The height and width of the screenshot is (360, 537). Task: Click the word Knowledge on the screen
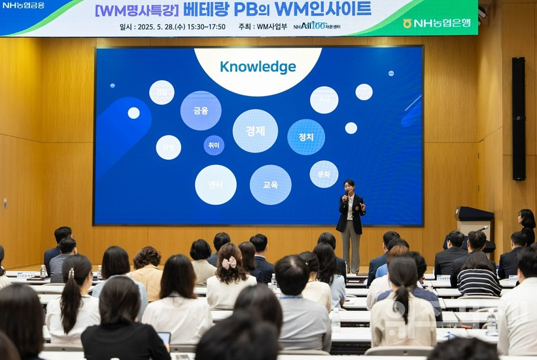pos(258,67)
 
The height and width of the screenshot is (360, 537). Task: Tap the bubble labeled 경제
pos(255,131)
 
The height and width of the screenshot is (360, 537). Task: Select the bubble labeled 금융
pos(201,111)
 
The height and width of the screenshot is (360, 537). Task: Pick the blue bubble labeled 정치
pos(306,137)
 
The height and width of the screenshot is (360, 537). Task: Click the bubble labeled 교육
pos(271,185)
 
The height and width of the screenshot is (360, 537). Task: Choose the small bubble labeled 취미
pos(214,145)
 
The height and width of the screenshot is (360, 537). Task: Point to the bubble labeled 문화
pos(324,174)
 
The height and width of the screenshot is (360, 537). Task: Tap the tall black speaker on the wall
pos(518,118)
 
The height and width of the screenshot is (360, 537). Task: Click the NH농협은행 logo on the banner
pos(436,23)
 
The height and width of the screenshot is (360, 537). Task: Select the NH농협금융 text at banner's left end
pos(24,5)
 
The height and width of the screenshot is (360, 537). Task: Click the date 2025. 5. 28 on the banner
pos(172,27)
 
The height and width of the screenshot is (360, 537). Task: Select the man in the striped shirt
pos(478,275)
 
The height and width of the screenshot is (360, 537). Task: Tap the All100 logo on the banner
pos(309,26)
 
